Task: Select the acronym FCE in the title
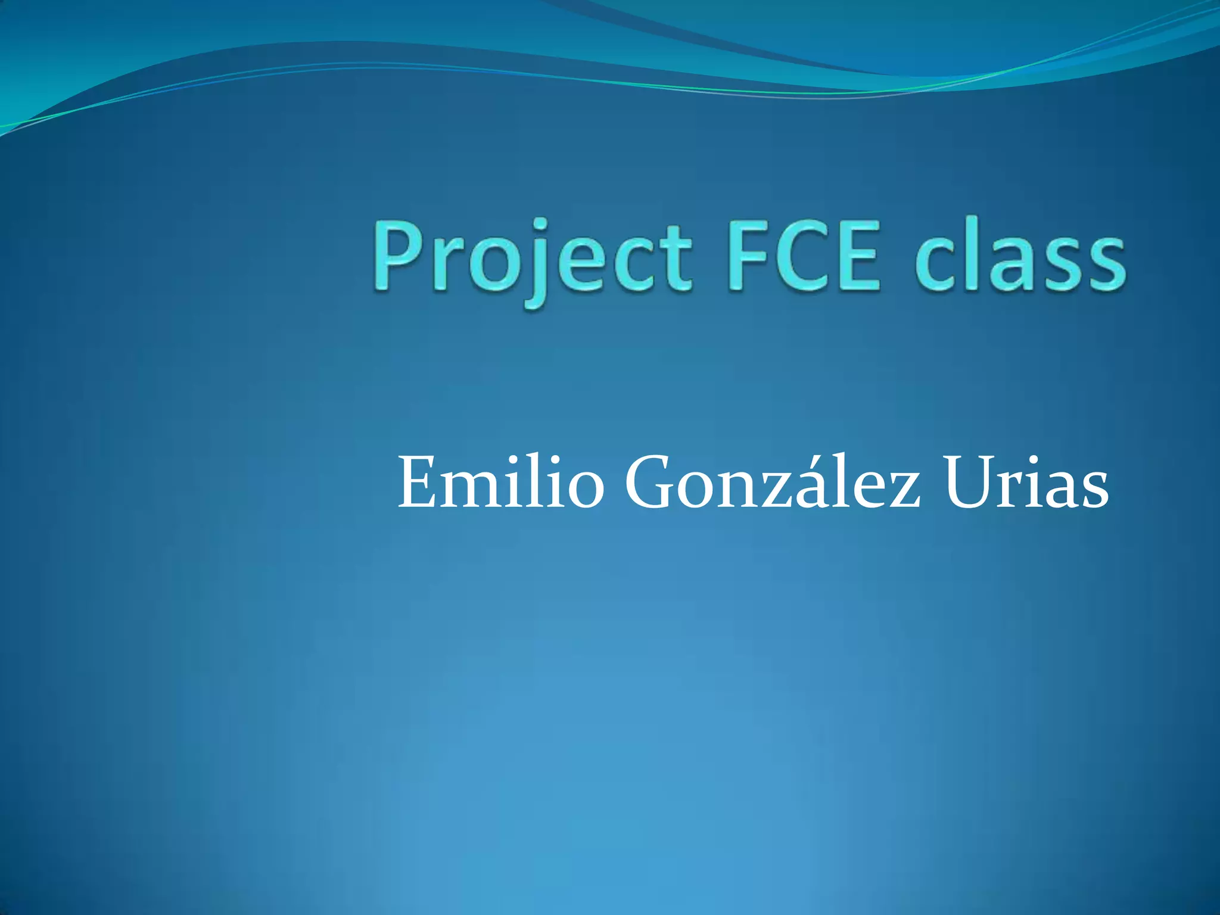click(x=802, y=256)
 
